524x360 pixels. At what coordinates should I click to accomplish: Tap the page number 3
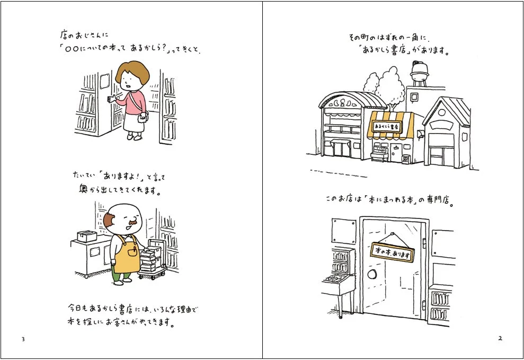coord(23,339)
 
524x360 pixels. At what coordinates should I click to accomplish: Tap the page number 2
coord(500,339)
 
